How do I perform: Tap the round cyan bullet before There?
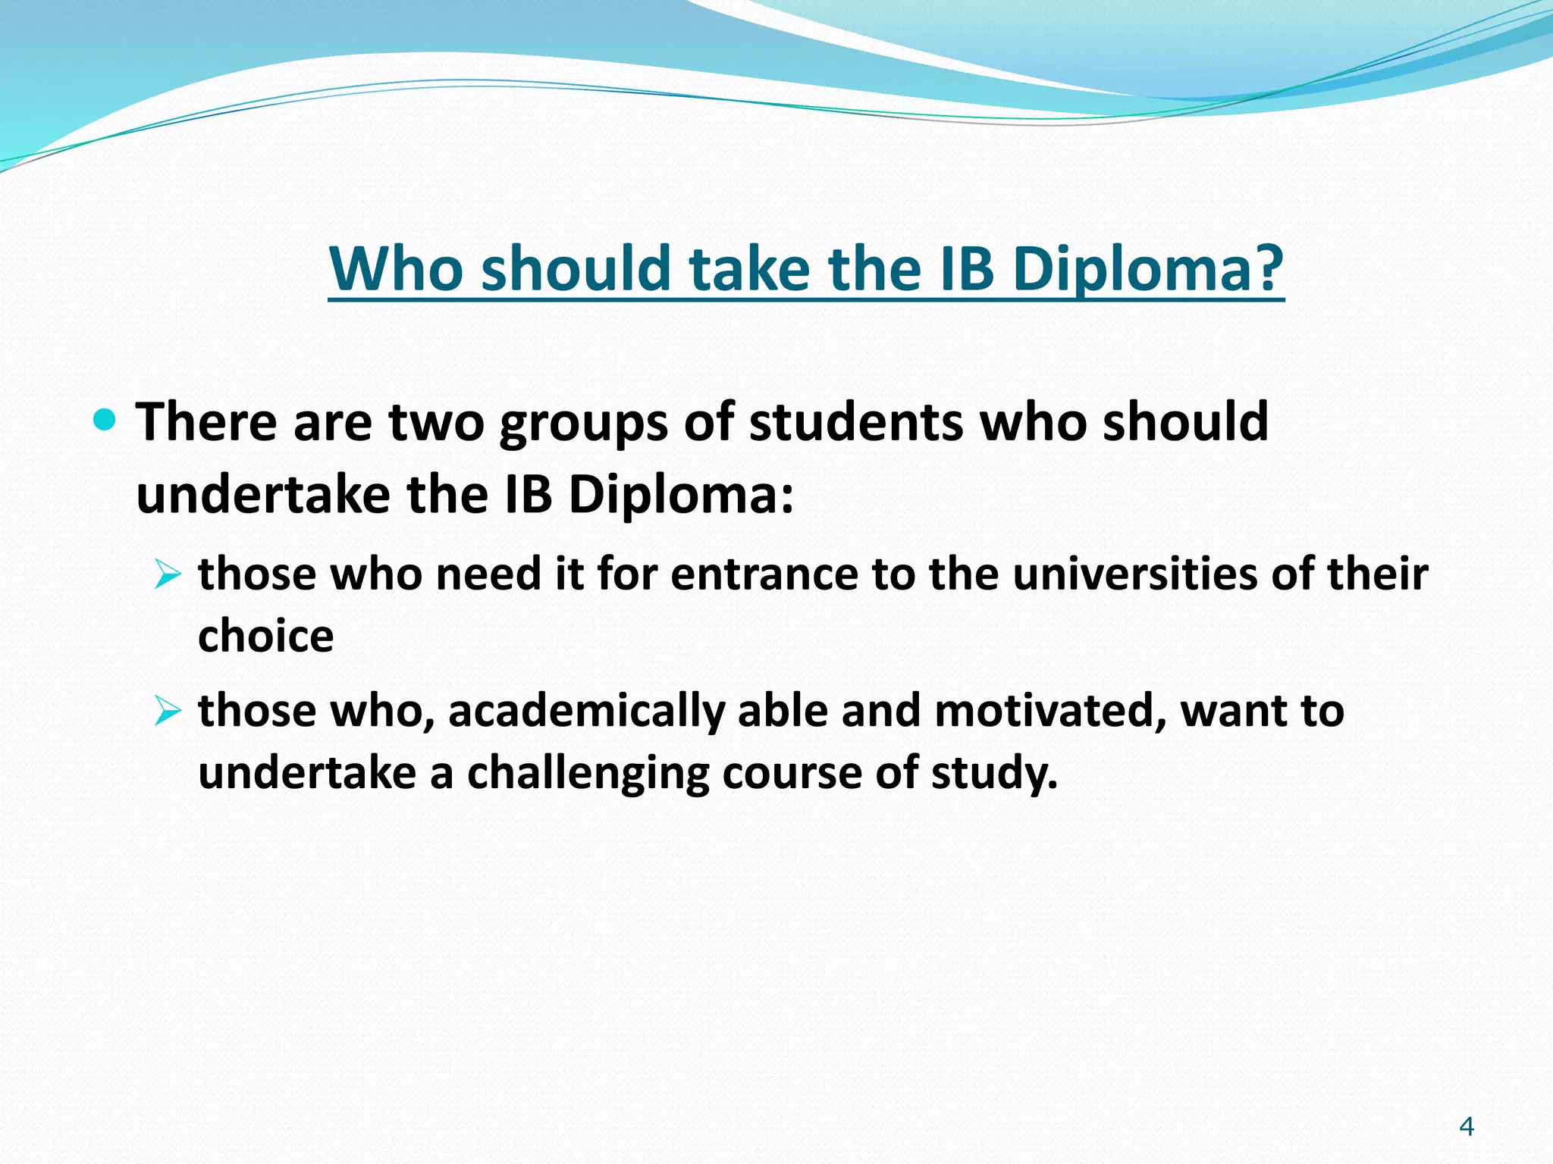104,419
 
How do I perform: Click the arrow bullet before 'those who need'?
167,574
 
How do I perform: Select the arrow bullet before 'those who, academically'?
167,712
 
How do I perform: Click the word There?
205,421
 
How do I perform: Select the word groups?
583,423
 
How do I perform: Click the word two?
436,421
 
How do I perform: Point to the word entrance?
764,574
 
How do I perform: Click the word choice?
265,635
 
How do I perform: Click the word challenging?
587,774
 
